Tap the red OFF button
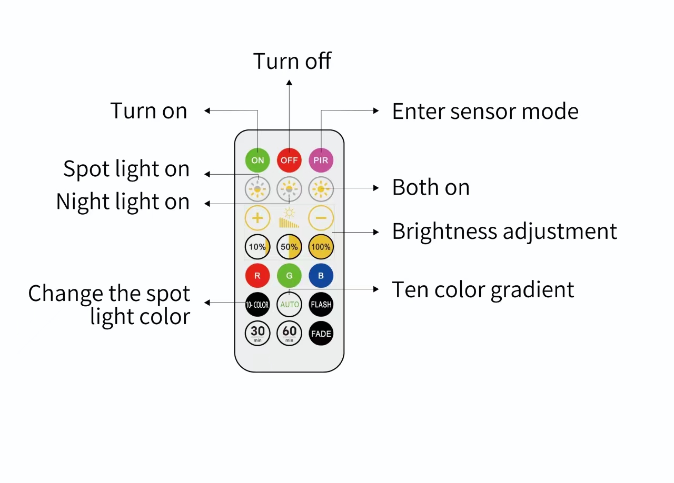[x=289, y=160]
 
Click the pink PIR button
[x=321, y=160]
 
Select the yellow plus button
[x=257, y=217]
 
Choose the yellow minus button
[x=321, y=217]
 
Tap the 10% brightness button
[x=257, y=247]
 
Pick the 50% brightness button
[x=289, y=247]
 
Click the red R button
[x=257, y=275]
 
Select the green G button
[x=289, y=275]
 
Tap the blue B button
[x=321, y=275]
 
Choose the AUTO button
[x=289, y=304]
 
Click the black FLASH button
[x=321, y=304]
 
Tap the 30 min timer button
[x=257, y=333]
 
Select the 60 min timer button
[x=289, y=333]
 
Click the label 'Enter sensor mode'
[x=485, y=112]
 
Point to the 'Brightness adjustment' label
[x=504, y=232]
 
